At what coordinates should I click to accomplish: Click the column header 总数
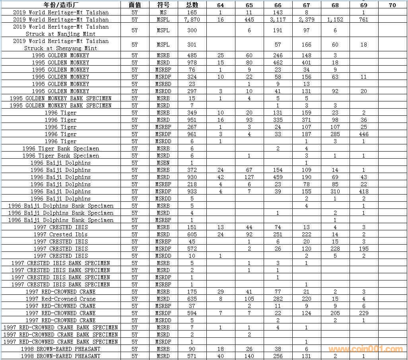(192, 5)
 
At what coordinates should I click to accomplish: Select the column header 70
(392, 5)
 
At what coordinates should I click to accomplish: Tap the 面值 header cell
(135, 5)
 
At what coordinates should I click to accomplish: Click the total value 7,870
(192, 19)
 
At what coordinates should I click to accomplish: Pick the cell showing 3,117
(278, 19)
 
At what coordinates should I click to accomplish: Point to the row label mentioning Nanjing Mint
(61, 30)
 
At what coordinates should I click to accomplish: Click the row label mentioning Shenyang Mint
(61, 45)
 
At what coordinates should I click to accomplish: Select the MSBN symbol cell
(163, 163)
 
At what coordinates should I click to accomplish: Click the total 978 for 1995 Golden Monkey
(192, 62)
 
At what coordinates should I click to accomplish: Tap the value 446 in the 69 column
(363, 134)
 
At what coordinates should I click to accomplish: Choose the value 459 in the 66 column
(278, 177)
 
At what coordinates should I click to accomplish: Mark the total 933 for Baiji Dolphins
(192, 191)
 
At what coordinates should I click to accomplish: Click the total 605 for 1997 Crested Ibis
(192, 234)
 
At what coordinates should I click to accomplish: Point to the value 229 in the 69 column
(363, 313)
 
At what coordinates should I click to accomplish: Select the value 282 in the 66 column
(278, 299)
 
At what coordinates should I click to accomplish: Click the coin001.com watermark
(365, 349)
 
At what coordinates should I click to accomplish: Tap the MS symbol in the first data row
(163, 12)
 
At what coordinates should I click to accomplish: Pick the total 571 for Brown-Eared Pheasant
(192, 356)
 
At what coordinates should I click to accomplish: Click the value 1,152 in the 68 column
(335, 19)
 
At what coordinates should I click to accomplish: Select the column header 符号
(163, 5)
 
